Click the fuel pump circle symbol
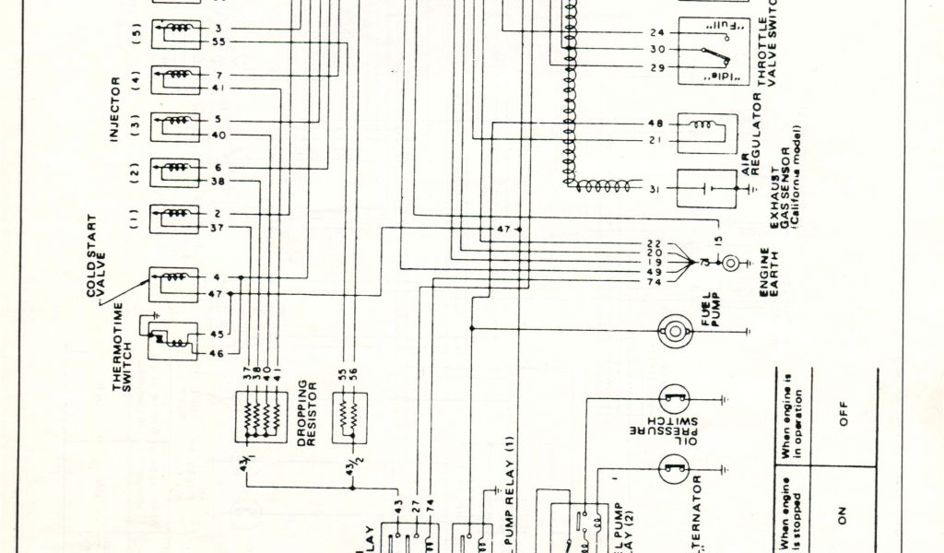[676, 329]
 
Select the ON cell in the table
[843, 518]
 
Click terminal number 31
[655, 189]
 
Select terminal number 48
[655, 123]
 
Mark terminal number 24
[655, 32]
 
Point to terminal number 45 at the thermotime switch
[218, 334]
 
